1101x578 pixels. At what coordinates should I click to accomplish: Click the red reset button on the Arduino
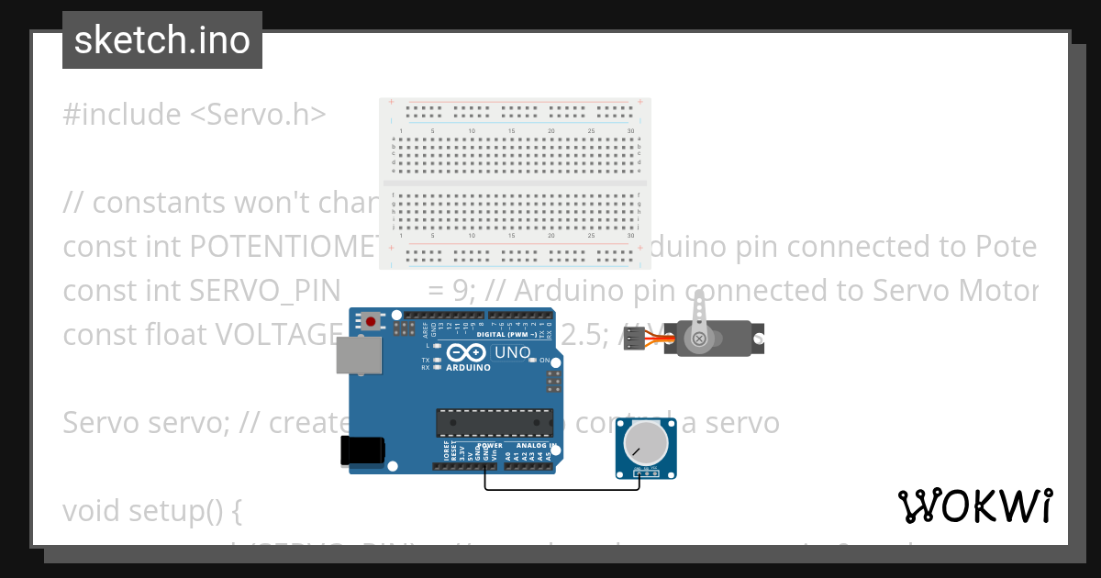click(371, 321)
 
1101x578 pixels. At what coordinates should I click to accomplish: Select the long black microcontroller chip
click(495, 422)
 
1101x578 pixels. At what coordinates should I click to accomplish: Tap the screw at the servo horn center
click(700, 339)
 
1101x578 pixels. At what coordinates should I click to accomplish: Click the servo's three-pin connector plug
click(635, 339)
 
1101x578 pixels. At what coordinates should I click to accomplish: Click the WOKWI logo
click(975, 506)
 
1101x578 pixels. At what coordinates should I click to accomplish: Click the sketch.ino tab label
click(162, 40)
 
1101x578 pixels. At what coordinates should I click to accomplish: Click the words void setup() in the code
click(152, 510)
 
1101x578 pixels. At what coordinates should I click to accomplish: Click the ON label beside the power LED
click(544, 360)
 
